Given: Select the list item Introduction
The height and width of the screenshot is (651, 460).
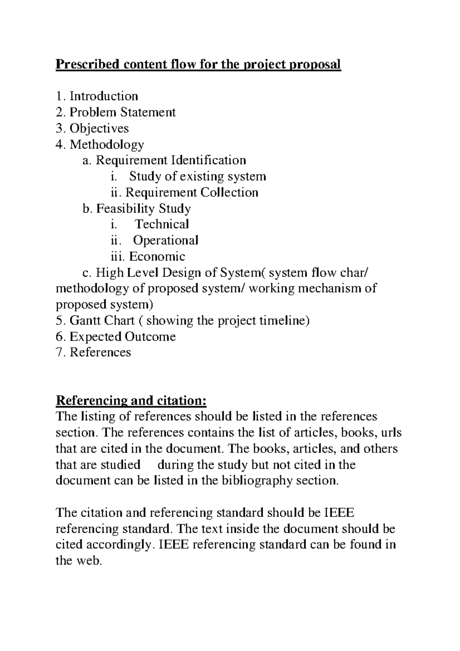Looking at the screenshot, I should (103, 96).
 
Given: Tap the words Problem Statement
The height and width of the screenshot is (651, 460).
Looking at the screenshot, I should (122, 112).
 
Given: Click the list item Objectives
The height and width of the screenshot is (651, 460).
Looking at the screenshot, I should (99, 128).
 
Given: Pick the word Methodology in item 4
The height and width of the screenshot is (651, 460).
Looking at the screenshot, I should (107, 144).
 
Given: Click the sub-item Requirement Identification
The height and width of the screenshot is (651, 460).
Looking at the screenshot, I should (171, 160).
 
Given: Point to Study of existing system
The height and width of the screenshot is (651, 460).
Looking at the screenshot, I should (197, 176).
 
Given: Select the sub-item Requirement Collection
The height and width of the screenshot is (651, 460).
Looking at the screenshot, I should (192, 192).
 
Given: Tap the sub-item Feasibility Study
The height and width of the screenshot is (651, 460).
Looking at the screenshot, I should (143, 209).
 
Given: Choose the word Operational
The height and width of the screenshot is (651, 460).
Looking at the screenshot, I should (166, 240).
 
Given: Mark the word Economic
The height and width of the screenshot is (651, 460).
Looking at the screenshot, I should (157, 256).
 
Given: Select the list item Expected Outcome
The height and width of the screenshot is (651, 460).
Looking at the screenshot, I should (122, 337).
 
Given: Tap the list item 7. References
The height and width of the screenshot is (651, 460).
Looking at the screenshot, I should (100, 352).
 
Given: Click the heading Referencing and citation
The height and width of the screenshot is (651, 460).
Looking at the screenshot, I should (131, 401).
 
